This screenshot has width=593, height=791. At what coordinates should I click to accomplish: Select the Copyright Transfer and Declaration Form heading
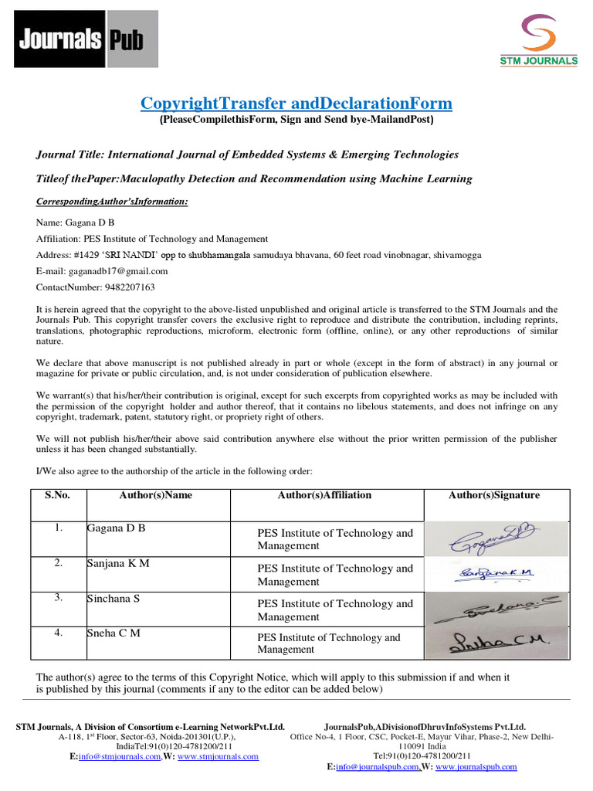pos(296,104)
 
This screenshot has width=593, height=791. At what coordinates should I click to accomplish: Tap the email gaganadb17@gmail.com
pos(117,271)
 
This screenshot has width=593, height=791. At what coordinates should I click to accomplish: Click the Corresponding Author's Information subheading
pos(112,202)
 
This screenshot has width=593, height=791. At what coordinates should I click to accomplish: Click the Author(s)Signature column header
pos(494,496)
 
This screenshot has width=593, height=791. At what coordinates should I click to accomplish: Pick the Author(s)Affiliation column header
pos(324,496)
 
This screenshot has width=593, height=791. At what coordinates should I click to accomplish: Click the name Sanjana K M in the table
pos(117,564)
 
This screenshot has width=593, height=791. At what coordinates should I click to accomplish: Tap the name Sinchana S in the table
pos(114,599)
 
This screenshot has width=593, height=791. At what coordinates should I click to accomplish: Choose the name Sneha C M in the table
pos(114,634)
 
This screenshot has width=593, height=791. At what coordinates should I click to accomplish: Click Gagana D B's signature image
pos(494,539)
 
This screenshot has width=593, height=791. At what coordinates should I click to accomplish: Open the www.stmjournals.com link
pos(218,757)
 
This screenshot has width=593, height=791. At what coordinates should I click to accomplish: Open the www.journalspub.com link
pos(476,767)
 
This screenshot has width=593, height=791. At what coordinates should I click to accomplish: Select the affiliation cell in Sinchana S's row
pos(335,610)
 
